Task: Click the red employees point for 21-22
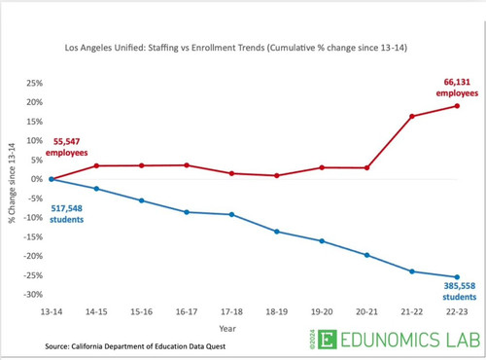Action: click(412, 116)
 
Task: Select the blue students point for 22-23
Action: click(457, 277)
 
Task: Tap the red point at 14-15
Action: click(96, 165)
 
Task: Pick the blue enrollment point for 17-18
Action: click(231, 214)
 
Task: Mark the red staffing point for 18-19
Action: click(277, 175)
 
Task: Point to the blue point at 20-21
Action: click(366, 255)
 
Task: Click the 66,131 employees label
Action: click(457, 88)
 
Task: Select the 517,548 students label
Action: click(66, 214)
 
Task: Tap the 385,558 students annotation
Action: click(460, 291)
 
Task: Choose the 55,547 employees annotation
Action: click(66, 147)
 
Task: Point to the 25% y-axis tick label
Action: click(35, 84)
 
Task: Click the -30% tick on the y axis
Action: click(33, 295)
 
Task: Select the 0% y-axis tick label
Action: click(37, 179)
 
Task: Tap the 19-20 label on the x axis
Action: click(322, 312)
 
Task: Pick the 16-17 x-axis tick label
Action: click(187, 312)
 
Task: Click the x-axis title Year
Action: click(227, 329)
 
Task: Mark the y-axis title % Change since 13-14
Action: click(12, 183)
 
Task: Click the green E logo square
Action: click(328, 340)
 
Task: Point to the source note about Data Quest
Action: click(135, 346)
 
